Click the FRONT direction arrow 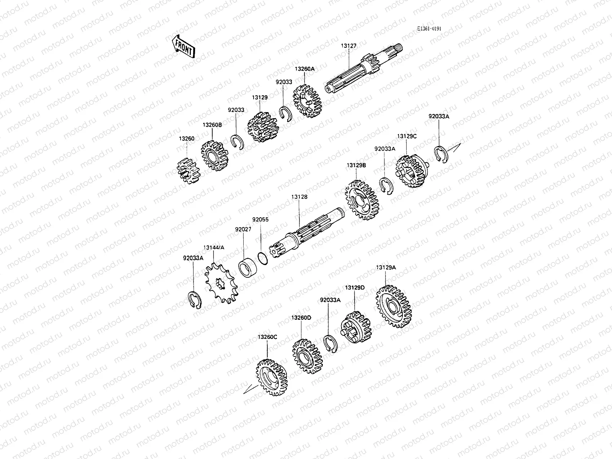click(x=183, y=47)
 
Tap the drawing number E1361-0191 click(x=429, y=29)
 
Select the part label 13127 click(x=348, y=46)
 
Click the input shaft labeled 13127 click(x=364, y=68)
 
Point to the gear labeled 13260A click(x=308, y=101)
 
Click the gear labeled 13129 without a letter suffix click(x=263, y=127)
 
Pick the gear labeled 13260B click(x=215, y=156)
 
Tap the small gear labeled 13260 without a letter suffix click(x=189, y=171)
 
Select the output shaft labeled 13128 click(x=307, y=233)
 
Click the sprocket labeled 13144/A click(x=221, y=284)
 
